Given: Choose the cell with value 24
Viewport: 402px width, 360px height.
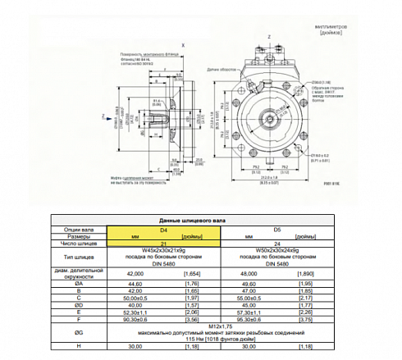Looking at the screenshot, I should click(x=276, y=243).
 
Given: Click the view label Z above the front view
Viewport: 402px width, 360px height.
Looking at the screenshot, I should click(x=268, y=37).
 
